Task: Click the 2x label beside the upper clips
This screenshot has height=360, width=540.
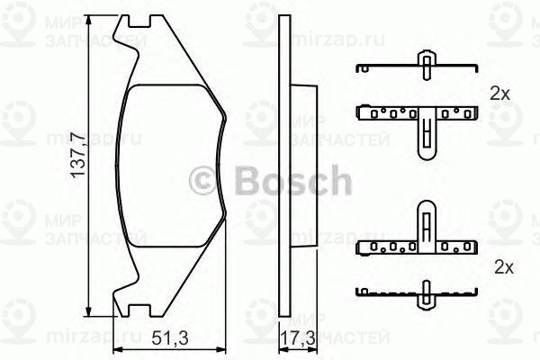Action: [x=499, y=94]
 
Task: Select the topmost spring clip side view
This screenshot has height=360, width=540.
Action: [x=416, y=68]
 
